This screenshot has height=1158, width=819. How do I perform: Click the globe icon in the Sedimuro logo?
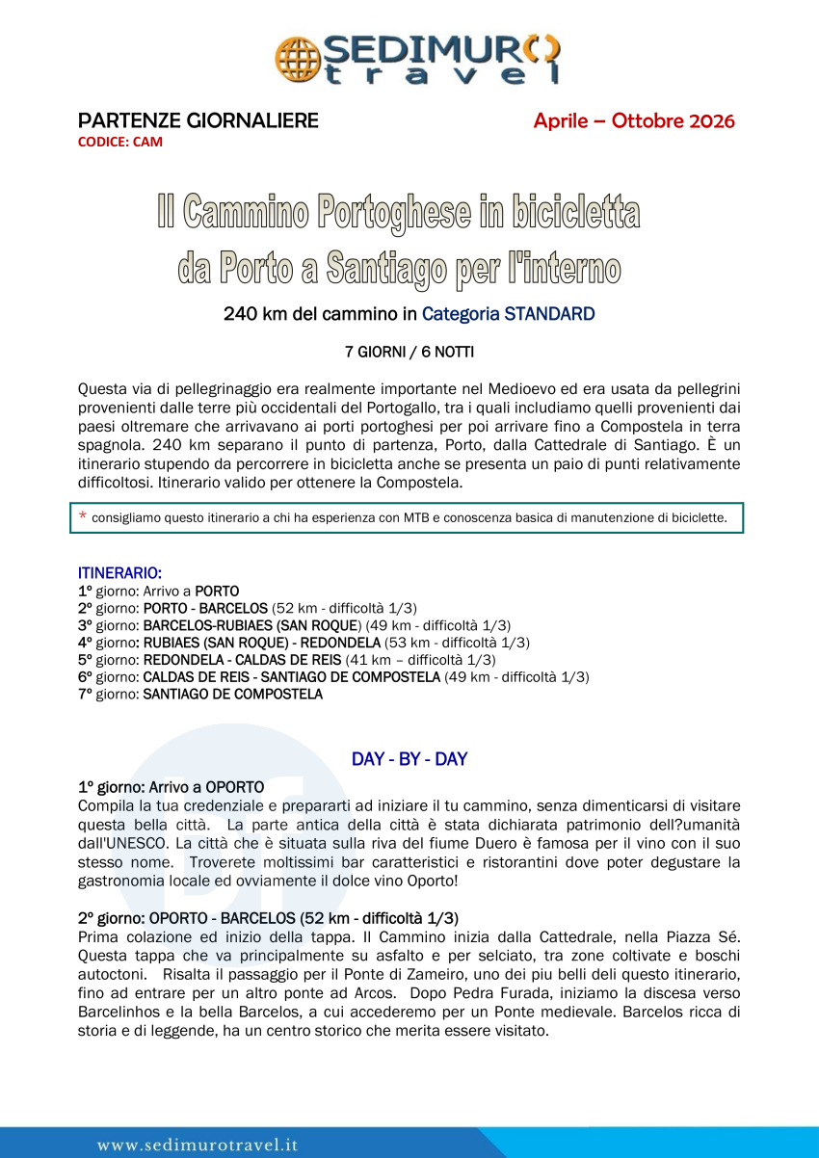pyautogui.click(x=298, y=59)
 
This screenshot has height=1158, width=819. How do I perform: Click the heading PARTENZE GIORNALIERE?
pyautogui.click(x=198, y=121)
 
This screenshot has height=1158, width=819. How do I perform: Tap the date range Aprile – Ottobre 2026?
pyautogui.click(x=634, y=121)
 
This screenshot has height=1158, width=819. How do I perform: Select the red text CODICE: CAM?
pyautogui.click(x=120, y=142)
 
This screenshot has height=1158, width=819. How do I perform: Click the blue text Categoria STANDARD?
pyautogui.click(x=508, y=314)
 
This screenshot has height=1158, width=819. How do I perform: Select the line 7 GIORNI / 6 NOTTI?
pyautogui.click(x=409, y=352)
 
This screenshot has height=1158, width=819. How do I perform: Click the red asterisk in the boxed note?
pyautogui.click(x=82, y=517)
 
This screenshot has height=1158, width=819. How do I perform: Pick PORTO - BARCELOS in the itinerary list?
pyautogui.click(x=205, y=608)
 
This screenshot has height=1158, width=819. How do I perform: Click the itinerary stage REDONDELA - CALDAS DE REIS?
pyautogui.click(x=242, y=660)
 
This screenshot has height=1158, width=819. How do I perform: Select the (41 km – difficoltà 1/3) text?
pyautogui.click(x=420, y=660)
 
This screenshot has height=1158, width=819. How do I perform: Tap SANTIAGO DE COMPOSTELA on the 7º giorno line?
pyautogui.click(x=233, y=694)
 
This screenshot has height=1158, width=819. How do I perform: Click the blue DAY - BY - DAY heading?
pyautogui.click(x=409, y=759)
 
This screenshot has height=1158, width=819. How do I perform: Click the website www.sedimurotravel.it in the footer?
pyautogui.click(x=198, y=1145)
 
